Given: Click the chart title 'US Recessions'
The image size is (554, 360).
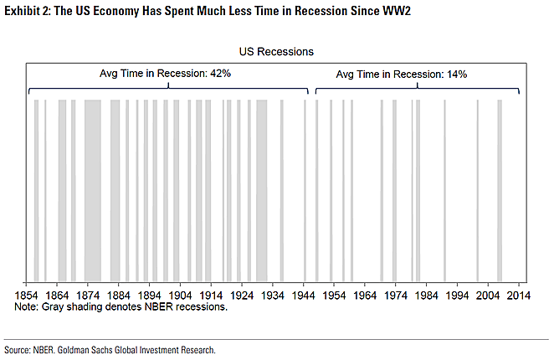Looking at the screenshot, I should (275, 52).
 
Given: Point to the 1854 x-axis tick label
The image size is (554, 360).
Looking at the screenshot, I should (27, 296).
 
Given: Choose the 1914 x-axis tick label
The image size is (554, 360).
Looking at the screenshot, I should (211, 296).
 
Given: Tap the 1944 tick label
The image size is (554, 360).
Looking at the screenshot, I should (303, 296).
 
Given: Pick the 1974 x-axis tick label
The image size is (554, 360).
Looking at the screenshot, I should (395, 296).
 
